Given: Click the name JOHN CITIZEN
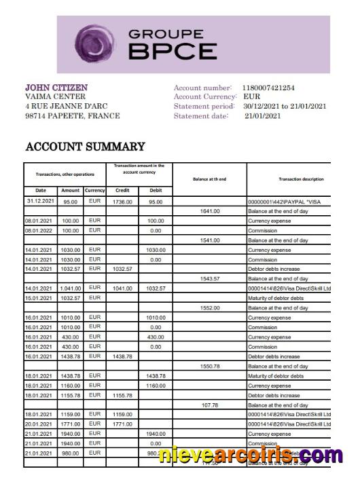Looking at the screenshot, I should [x=56, y=88].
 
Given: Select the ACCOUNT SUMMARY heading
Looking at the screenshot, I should [x=85, y=147].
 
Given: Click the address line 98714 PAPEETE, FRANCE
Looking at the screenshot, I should [x=72, y=116].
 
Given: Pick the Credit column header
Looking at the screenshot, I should [x=123, y=191].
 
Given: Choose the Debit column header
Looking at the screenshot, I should [x=156, y=191].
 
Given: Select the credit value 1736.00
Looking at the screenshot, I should [x=123, y=202].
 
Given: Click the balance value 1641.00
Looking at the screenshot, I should [x=210, y=211].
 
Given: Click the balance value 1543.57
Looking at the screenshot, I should [x=210, y=279].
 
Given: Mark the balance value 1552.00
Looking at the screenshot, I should [x=210, y=308].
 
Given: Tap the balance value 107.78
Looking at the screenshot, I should [x=210, y=405].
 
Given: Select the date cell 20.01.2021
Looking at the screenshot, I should [x=40, y=424].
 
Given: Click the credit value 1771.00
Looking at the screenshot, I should [x=123, y=424].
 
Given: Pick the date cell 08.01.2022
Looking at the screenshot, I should [x=40, y=231].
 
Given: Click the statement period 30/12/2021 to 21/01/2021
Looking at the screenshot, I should [x=285, y=107].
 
